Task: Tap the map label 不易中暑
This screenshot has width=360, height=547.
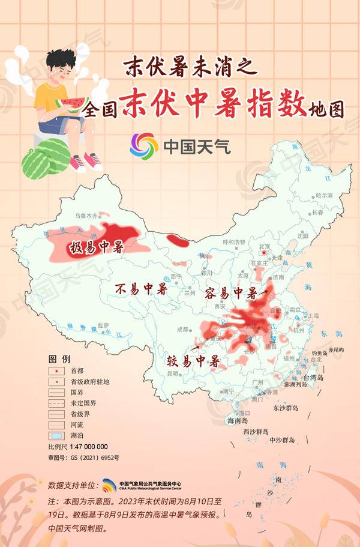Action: (x=141, y=289)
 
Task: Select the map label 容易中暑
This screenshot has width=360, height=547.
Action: (x=231, y=294)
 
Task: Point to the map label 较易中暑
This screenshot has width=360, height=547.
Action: (x=193, y=361)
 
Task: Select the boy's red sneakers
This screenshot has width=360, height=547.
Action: (x=85, y=161)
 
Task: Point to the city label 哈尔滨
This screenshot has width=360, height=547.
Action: (x=324, y=195)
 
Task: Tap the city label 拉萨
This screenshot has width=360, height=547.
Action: (x=104, y=325)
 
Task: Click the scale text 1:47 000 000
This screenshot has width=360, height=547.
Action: (x=89, y=447)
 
